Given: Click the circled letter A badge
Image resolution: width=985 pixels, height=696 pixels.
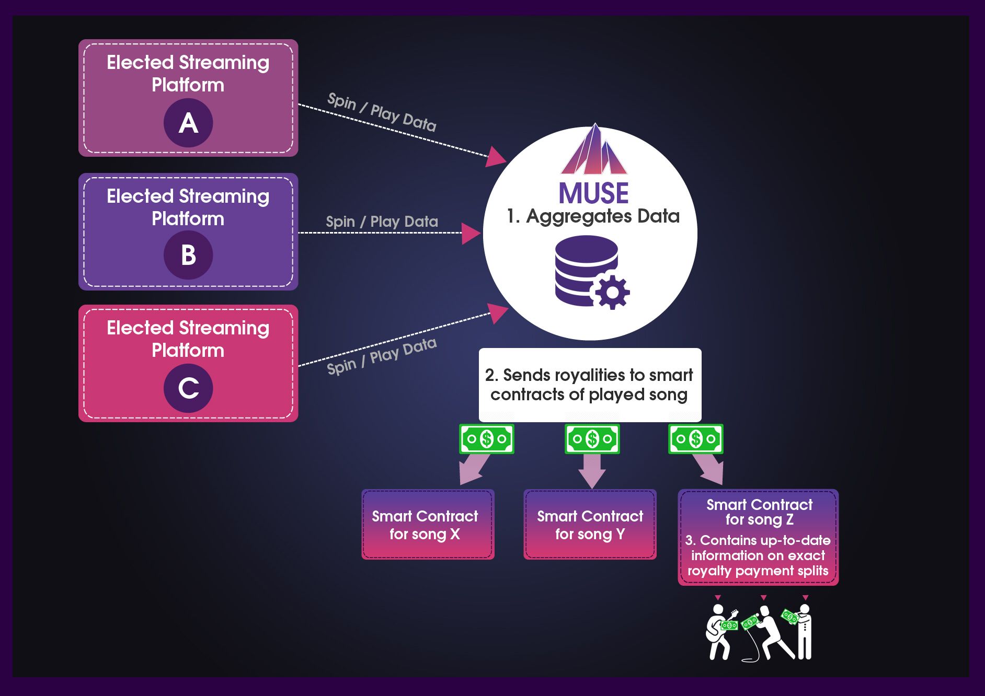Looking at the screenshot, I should coord(188,123).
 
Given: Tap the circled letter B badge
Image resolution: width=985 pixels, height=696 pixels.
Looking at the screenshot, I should coord(188,255).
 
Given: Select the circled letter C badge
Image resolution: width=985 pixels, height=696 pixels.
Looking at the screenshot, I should coord(188,388).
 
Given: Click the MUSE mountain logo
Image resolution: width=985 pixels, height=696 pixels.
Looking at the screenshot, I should coord(594,150).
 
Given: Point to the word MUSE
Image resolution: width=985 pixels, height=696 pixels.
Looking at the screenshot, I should coord(593,193).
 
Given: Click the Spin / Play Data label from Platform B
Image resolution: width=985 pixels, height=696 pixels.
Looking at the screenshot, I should coord(382,222).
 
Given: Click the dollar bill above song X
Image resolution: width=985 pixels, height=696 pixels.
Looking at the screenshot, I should coord(486,439).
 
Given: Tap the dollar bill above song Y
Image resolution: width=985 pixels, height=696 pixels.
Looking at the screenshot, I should coord(592,439).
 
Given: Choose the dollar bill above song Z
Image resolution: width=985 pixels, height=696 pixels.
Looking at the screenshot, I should coord(695,439).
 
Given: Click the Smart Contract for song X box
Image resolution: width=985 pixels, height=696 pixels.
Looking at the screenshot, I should coord(428,525).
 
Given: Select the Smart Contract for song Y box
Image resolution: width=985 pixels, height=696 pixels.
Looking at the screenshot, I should coord(590,525).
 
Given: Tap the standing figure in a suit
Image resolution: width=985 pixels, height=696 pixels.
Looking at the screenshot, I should coord(805,632).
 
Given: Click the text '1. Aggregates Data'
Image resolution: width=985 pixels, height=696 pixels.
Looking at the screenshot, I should coord(593,216).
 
